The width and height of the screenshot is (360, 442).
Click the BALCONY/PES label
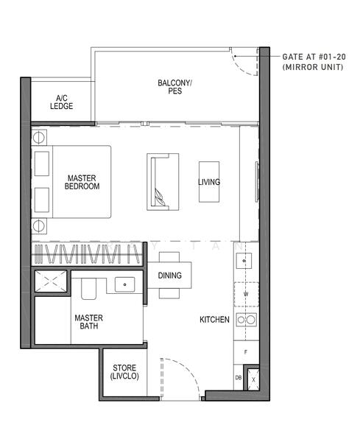tap(174, 88)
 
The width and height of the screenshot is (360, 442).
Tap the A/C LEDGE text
tap(62, 102)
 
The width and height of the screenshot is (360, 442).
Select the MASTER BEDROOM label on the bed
tap(82, 182)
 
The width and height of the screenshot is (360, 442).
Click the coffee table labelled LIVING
tap(209, 182)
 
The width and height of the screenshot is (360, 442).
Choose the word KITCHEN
tap(214, 320)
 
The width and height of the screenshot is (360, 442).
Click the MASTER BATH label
tap(88, 322)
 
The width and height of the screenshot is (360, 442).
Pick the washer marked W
tap(245, 292)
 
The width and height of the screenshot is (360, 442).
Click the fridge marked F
tap(245, 352)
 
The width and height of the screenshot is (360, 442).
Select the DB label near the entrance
tap(237, 377)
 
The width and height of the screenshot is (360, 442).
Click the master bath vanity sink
tap(124, 284)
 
